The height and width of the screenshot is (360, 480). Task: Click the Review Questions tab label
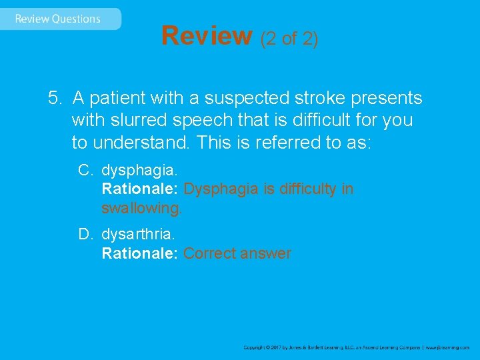click(58, 19)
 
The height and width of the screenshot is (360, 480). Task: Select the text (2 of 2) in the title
click(289, 39)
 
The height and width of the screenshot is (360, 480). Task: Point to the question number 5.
click(55, 99)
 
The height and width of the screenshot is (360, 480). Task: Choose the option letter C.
click(85, 170)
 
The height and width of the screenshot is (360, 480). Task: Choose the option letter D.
click(85, 234)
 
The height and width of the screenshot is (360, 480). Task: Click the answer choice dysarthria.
click(138, 235)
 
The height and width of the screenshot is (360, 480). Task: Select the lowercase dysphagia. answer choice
click(139, 171)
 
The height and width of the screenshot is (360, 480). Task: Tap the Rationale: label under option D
click(139, 253)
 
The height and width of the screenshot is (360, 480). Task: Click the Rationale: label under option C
click(139, 189)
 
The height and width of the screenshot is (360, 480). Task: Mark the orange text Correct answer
click(237, 253)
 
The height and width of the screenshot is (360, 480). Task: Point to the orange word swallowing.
click(141, 209)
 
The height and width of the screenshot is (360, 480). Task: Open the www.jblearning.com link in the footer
click(447, 347)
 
